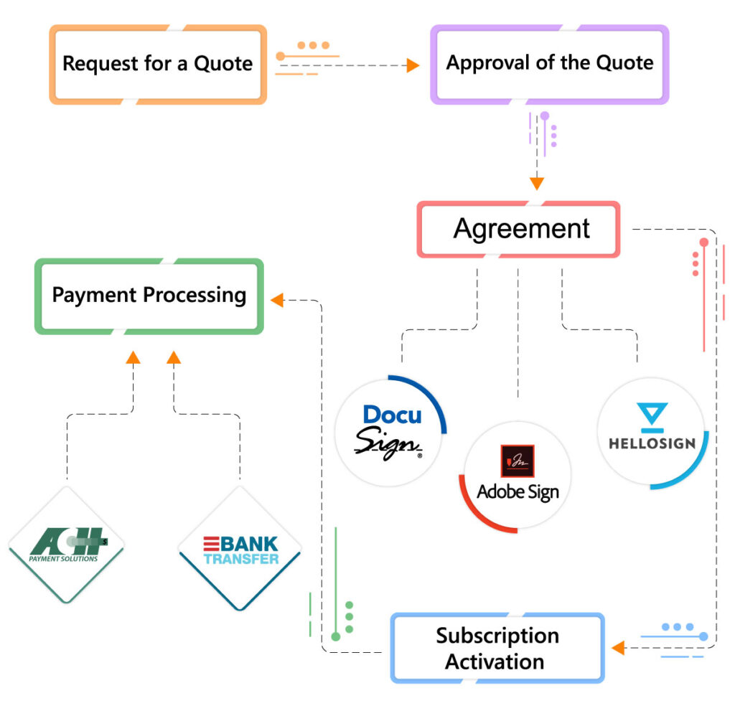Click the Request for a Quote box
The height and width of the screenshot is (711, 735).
point(157,64)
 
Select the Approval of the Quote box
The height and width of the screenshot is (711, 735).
point(549,63)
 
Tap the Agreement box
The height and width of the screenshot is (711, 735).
point(518,230)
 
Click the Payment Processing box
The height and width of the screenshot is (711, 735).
point(149,296)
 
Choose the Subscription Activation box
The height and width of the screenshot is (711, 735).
point(497,648)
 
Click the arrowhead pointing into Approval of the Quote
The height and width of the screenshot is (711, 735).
point(413,66)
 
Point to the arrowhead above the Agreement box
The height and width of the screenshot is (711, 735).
point(537,184)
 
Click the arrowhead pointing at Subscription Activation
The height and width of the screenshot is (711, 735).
point(618,648)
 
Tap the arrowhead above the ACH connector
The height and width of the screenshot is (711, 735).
point(133,357)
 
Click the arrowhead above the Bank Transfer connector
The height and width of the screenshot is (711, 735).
point(174,357)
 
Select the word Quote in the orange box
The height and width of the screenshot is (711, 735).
point(223,64)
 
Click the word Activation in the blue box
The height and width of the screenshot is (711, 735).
point(495,661)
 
